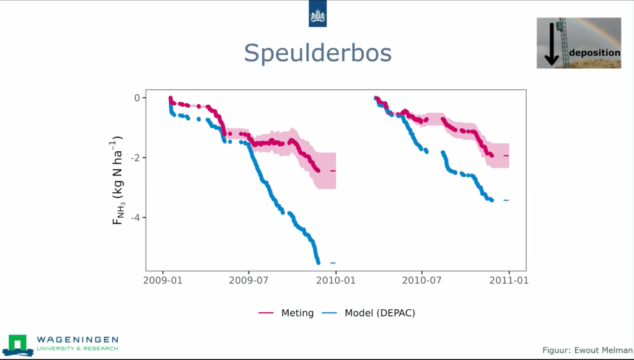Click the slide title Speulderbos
click(x=317, y=53)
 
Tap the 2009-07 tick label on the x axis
click(x=249, y=280)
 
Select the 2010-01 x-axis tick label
click(x=335, y=280)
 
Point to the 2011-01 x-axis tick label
click(x=509, y=280)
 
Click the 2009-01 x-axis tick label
click(x=162, y=280)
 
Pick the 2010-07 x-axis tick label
click(x=422, y=280)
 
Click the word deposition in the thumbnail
click(x=594, y=53)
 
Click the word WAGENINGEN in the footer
click(x=77, y=340)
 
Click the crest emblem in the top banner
click(x=317, y=14)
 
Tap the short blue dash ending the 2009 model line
click(x=333, y=263)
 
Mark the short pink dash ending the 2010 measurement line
click(x=506, y=156)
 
